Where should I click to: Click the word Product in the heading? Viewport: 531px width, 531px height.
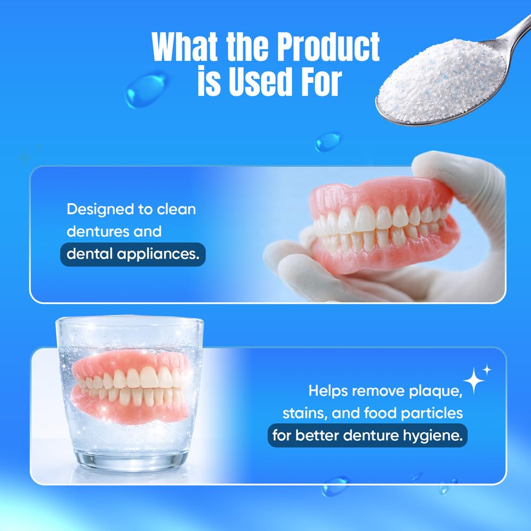pos(328,46)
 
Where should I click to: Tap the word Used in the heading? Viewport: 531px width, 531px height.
pos(260,81)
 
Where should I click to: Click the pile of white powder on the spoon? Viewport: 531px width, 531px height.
pos(442,80)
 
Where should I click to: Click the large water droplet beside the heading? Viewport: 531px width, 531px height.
pos(147,89)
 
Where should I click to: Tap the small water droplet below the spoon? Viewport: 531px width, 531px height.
pos(328,141)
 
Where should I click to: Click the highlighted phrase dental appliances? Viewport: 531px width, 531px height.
pos(133,254)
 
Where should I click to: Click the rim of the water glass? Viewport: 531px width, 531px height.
pos(130,320)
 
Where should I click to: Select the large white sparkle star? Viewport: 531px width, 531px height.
pos(474,381)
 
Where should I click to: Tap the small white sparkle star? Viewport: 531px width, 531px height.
pos(487,370)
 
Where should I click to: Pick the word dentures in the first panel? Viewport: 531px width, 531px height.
pos(98,232)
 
